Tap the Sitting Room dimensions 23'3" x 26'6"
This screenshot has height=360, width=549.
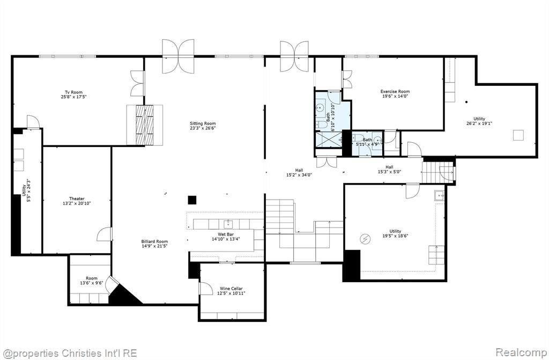tap(203, 128)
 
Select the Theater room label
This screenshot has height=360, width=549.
tap(77, 199)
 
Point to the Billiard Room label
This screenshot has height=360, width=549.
tap(154, 241)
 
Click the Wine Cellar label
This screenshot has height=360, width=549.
tap(231, 289)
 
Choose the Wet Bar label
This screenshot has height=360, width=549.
tap(226, 234)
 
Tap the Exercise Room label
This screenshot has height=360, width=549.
tap(395, 92)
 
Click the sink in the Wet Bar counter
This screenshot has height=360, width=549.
tap(228, 224)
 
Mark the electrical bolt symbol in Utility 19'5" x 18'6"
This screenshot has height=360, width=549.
tap(365, 239)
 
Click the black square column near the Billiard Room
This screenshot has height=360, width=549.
tap(192, 200)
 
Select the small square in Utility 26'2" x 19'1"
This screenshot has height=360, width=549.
tap(518, 135)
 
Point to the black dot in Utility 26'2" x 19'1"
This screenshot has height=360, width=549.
tap(466, 102)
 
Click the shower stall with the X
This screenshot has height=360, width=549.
tap(329, 139)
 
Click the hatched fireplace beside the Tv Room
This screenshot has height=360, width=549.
tap(145, 125)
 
